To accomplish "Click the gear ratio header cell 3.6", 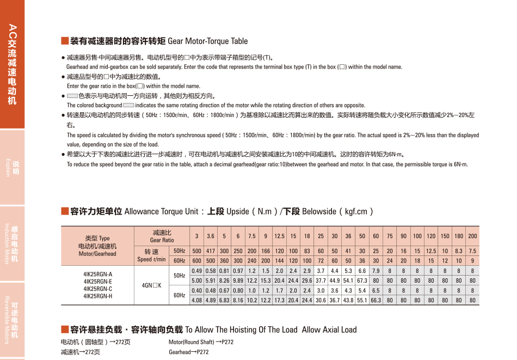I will coord(211,236).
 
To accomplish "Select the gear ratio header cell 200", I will coord(472,236).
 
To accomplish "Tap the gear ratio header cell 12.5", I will coord(279,236).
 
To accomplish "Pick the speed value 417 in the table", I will coord(211,251).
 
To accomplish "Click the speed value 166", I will coord(266,251).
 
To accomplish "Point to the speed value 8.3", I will coord(459,251).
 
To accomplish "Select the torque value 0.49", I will coord(196,271).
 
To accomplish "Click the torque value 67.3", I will coord(362,280).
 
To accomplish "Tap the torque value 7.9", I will coord(376,271).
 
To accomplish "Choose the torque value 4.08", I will coord(196,300).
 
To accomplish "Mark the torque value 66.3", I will coord(376,300).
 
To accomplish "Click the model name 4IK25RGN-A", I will coord(98,274).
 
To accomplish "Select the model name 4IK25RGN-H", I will coord(98,296).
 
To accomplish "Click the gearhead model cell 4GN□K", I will coord(151,285).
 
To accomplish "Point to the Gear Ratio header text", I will coord(162,240).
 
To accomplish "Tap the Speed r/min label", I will coord(151,259).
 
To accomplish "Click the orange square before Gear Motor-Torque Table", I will coord(64,41).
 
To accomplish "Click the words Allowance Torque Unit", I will coord(161,211).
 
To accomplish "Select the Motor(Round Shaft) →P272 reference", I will coord(201,342).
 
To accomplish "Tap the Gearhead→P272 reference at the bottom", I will coord(189,352).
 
